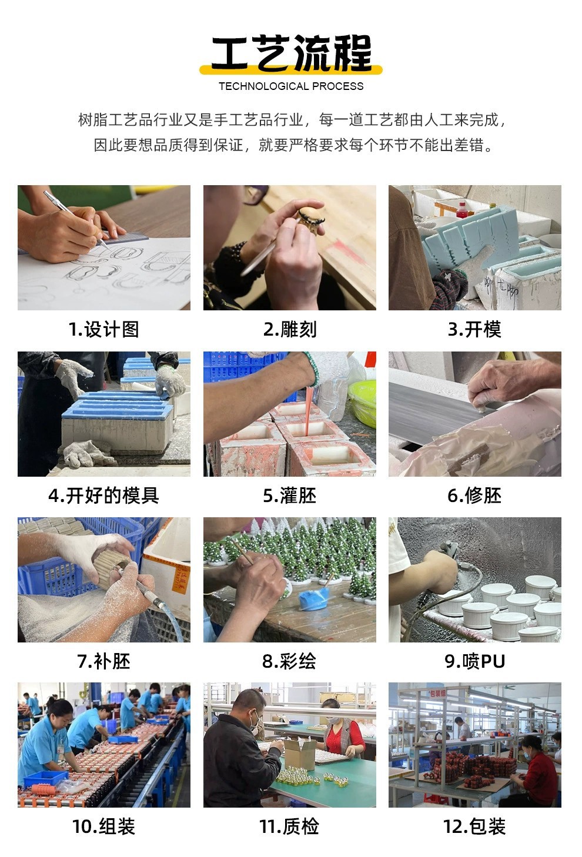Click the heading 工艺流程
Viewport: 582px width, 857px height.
click(x=291, y=53)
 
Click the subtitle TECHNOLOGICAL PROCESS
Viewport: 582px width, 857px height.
click(x=291, y=86)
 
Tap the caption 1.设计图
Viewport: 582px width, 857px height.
click(x=103, y=330)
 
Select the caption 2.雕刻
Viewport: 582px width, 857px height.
click(x=289, y=330)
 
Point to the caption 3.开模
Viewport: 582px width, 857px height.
click(x=474, y=330)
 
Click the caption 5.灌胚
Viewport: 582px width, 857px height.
click(x=289, y=496)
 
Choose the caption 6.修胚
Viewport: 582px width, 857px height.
click(x=474, y=496)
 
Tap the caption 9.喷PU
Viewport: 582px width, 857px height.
click(x=474, y=661)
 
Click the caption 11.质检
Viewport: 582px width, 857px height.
click(x=289, y=827)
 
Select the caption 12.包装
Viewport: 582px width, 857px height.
click(x=474, y=827)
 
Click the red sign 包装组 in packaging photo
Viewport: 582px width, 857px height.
click(x=437, y=693)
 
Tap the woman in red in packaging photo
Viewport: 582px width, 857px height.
click(x=538, y=770)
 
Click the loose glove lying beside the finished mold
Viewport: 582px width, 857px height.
click(x=88, y=454)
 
